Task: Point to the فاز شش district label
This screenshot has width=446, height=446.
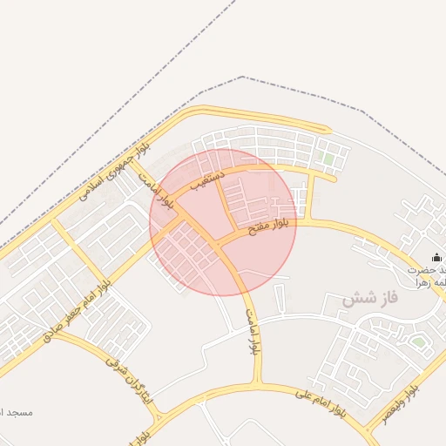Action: coord(368,298)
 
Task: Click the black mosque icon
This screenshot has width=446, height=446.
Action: coord(437,256)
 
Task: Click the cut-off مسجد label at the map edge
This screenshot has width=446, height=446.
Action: coord(15,411)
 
